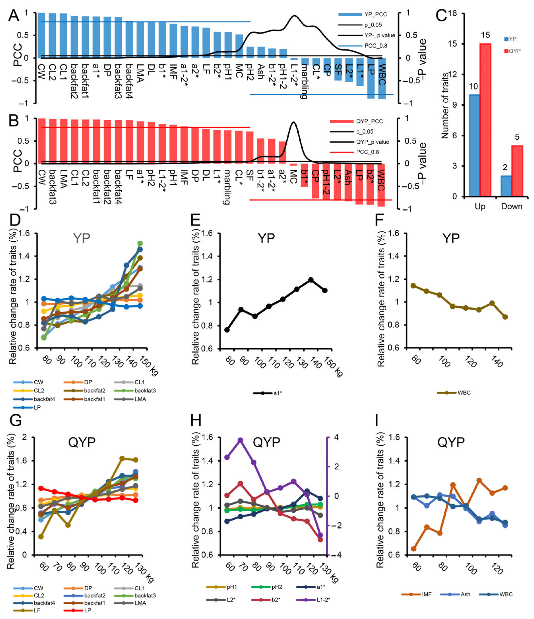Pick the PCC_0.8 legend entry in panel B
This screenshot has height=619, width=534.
tap(367, 152)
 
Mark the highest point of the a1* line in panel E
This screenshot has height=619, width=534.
tap(311, 280)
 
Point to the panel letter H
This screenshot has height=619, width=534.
tap(196, 420)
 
